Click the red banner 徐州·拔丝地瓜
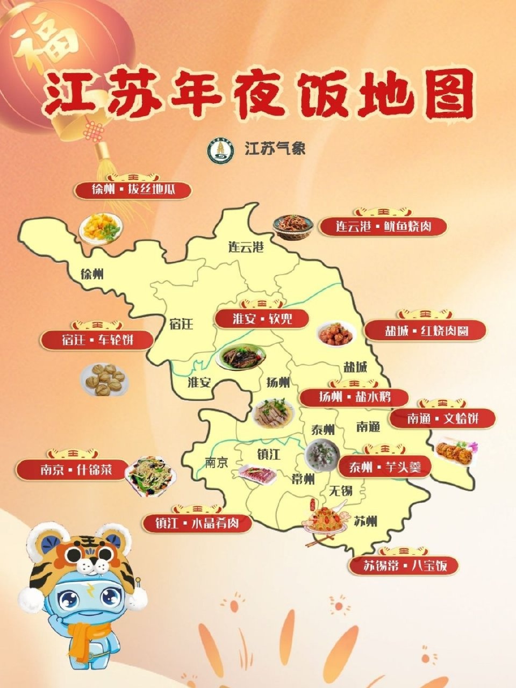coord(133,190)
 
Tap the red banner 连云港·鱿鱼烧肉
coord(383,226)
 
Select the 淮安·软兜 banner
coord(262,318)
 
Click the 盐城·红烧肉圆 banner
coord(426,330)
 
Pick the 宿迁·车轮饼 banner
coord(97,340)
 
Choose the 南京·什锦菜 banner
coord(73,469)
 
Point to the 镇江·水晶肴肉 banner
coord(197,523)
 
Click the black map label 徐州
coord(91,274)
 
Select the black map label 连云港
coord(246,247)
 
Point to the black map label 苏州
coord(365,521)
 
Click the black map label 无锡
coord(340,490)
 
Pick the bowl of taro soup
coord(322,455)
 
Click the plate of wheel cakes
coord(105,379)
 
